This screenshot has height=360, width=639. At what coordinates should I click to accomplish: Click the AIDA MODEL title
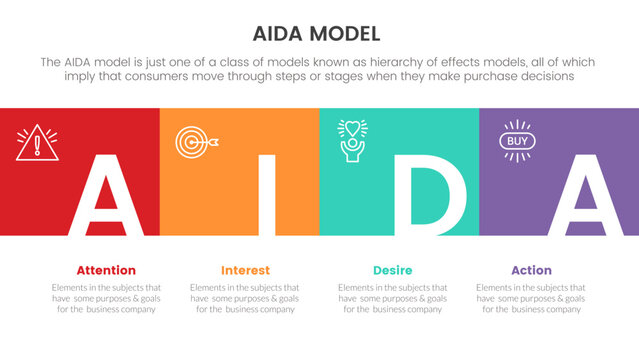[x=319, y=33]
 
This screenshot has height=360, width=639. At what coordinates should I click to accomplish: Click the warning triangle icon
[x=37, y=143]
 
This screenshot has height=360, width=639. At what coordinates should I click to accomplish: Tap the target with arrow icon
[x=192, y=142]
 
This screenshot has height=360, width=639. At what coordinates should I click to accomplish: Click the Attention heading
[x=106, y=270]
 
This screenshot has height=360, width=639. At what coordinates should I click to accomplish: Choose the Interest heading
[x=245, y=270]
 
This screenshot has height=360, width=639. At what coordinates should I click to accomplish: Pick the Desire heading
[x=392, y=270]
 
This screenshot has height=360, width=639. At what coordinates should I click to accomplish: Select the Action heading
[x=531, y=270]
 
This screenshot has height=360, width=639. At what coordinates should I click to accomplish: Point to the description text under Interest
[x=244, y=298]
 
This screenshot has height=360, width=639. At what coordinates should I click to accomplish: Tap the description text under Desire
[x=392, y=298]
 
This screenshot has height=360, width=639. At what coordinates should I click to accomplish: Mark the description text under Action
[x=531, y=298]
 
